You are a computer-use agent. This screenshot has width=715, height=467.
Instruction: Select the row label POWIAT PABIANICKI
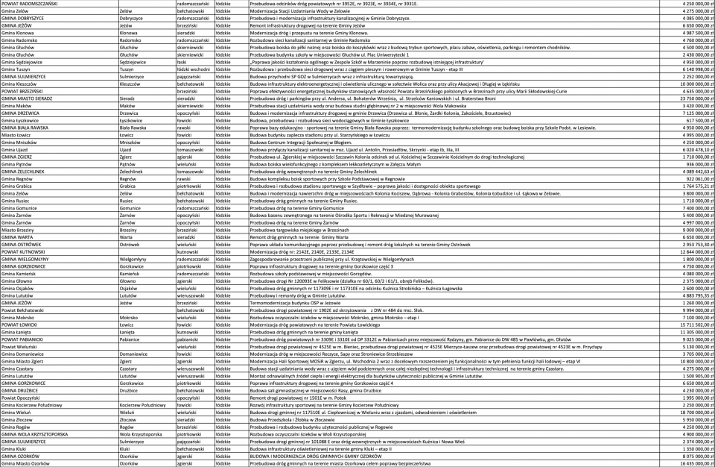click(22, 339)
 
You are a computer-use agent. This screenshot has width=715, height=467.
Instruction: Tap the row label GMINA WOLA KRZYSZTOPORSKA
click(34, 433)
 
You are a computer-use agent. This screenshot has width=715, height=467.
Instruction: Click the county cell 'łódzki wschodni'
click(193, 69)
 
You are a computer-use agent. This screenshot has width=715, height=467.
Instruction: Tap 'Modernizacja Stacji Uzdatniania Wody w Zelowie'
click(301, 11)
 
